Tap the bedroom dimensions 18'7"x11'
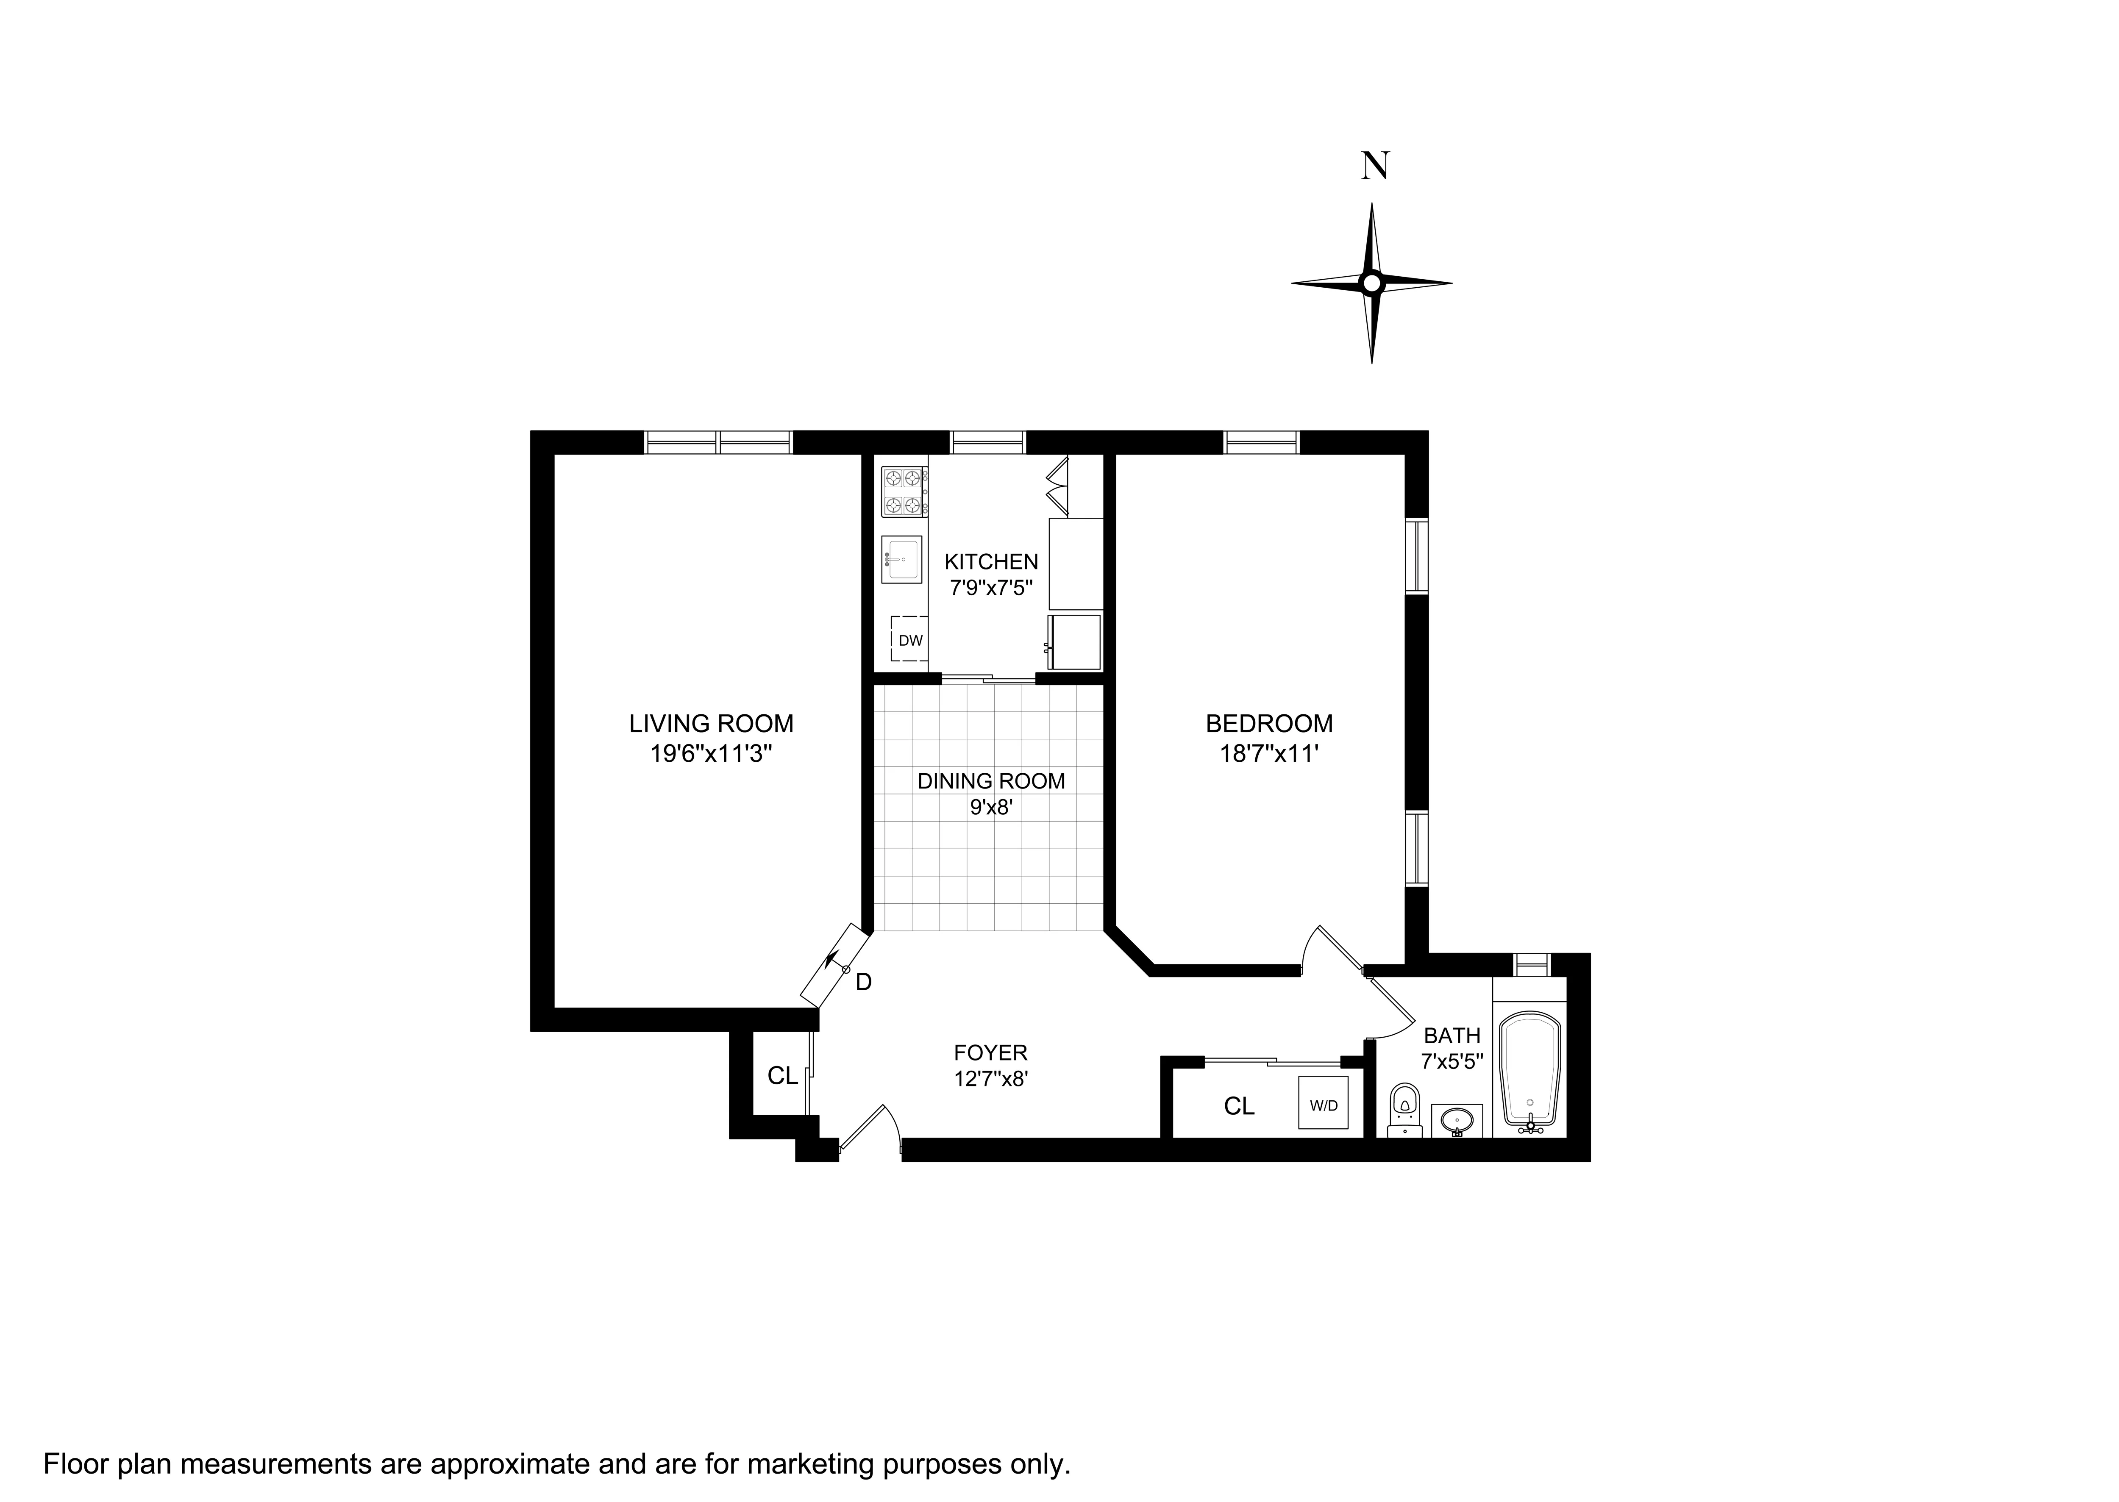(1268, 754)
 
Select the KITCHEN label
(990, 561)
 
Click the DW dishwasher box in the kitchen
(910, 639)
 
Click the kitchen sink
(901, 560)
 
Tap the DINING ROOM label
(990, 780)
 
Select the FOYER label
(990, 1052)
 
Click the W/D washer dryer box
(1323, 1103)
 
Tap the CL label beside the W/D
(1238, 1106)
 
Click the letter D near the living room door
(863, 982)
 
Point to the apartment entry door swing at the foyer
(870, 1130)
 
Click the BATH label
(1451, 1035)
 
